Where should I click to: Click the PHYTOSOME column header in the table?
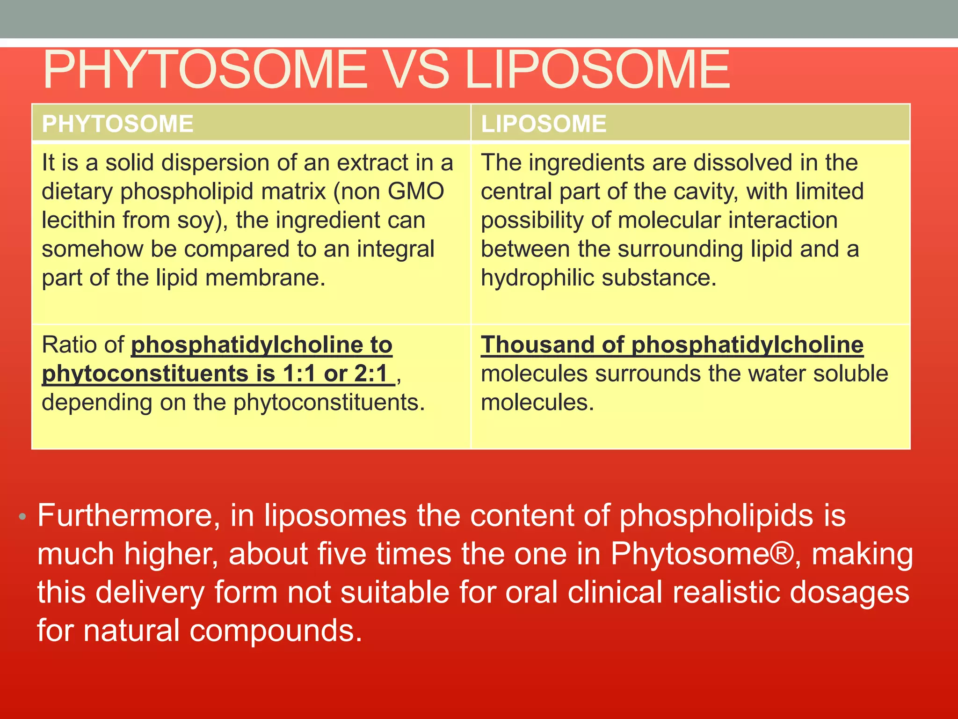tap(117, 124)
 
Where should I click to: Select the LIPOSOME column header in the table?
tap(544, 124)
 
